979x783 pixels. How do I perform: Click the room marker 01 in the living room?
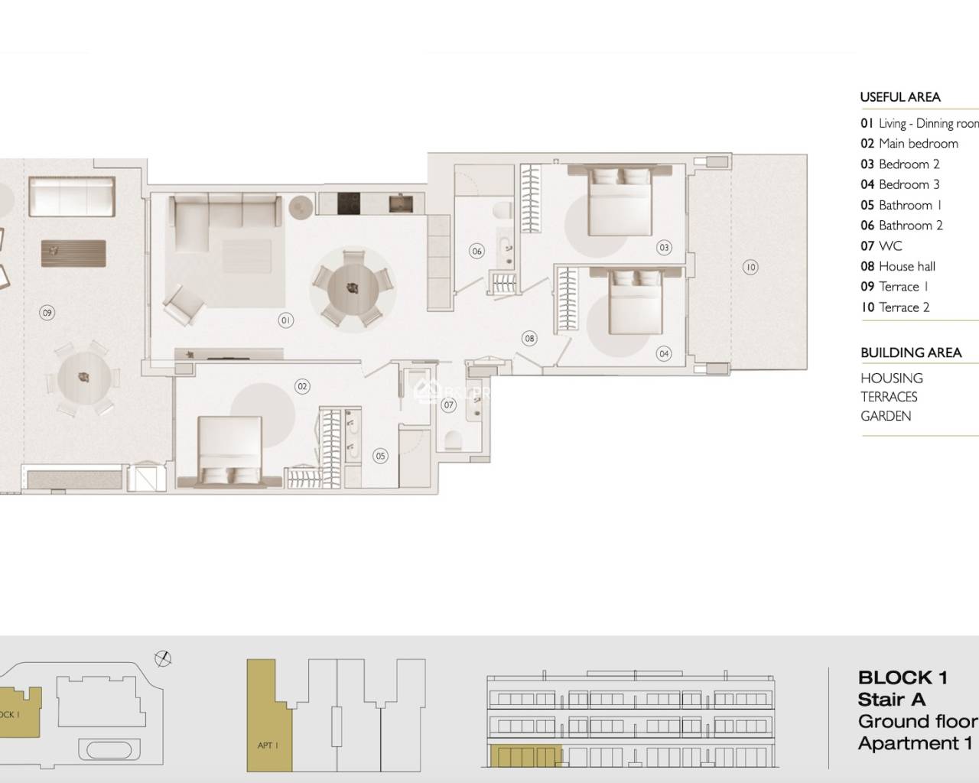285,320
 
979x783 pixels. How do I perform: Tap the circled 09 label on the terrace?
47,312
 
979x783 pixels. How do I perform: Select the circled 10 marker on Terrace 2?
750,267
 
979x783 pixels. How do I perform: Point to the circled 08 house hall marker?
529,338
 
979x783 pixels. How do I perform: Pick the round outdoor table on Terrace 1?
83,377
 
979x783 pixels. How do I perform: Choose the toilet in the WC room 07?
452,440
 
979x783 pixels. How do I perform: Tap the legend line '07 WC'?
881,246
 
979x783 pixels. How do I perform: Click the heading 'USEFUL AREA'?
900,97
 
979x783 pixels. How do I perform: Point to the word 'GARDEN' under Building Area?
886,416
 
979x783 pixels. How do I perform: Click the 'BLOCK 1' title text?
903,677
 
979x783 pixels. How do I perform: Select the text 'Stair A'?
891,699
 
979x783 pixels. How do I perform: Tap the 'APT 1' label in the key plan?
265,745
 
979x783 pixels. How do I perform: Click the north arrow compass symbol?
162,658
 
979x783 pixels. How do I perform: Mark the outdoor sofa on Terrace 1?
72,196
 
